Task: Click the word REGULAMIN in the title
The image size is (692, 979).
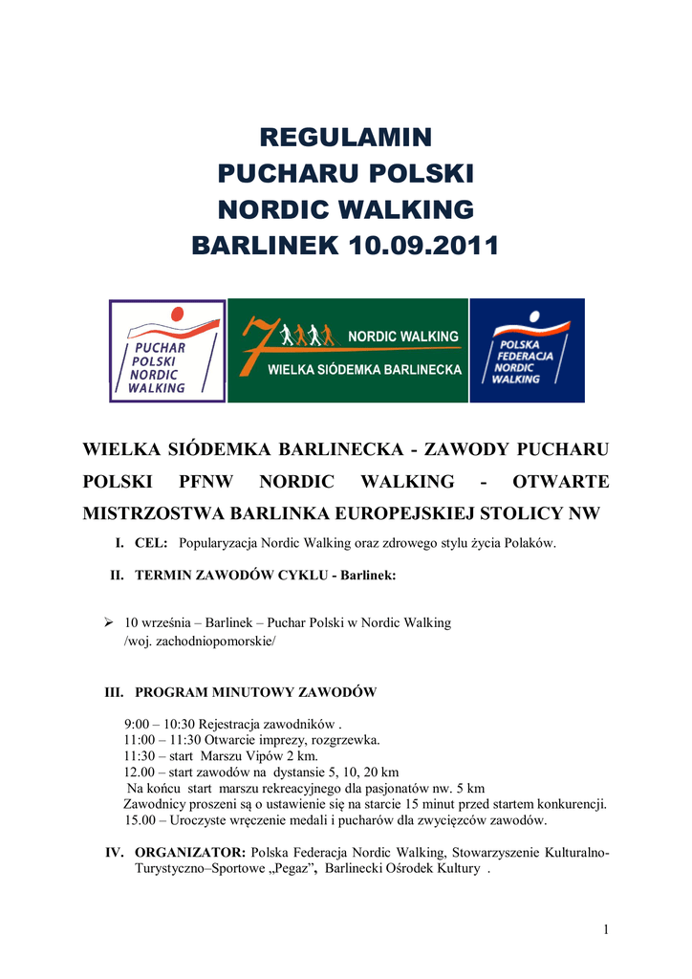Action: [x=345, y=137]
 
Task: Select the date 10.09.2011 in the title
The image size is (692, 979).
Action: [x=423, y=246]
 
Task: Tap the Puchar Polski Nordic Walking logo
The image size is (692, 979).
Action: [x=167, y=351]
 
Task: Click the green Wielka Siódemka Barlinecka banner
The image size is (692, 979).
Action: [x=348, y=351]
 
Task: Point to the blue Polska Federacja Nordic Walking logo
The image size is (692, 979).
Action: [x=527, y=351]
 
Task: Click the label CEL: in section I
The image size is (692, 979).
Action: [x=151, y=543]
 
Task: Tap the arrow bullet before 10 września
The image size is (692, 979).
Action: [x=109, y=622]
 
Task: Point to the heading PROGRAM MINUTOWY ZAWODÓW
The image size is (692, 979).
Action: [x=255, y=692]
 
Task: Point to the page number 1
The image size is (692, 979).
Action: [x=606, y=929]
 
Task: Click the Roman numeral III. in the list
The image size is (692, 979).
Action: [x=115, y=692]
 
